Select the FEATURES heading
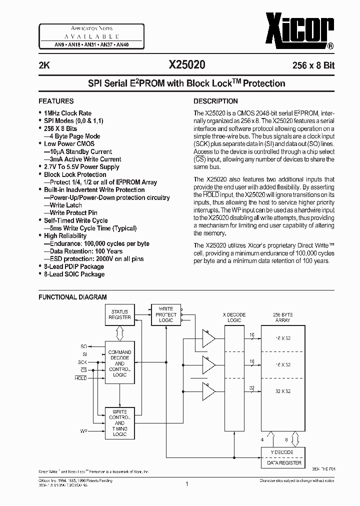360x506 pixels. pyautogui.click(x=56, y=101)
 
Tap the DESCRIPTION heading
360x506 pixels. pyautogui.click(x=215, y=101)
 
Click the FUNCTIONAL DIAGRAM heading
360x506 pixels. pyautogui.click(x=72, y=297)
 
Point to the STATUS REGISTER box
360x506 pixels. pyautogui.click(x=120, y=314)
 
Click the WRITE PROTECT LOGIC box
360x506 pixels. pyautogui.click(x=166, y=314)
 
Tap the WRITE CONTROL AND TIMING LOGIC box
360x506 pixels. pyautogui.click(x=120, y=423)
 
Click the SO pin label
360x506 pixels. pyautogui.click(x=83, y=346)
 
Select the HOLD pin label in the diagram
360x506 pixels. pyautogui.click(x=80, y=378)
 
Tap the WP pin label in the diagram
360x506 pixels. pyautogui.click(x=83, y=430)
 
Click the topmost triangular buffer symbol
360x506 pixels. pyautogui.click(x=207, y=338)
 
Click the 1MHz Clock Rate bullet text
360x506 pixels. pyautogui.click(x=67, y=113)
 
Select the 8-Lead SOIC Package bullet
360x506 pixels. pyautogui.click(x=74, y=274)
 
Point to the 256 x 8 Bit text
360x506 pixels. pyautogui.click(x=310, y=65)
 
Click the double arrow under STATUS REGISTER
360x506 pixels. pyautogui.click(x=120, y=332)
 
